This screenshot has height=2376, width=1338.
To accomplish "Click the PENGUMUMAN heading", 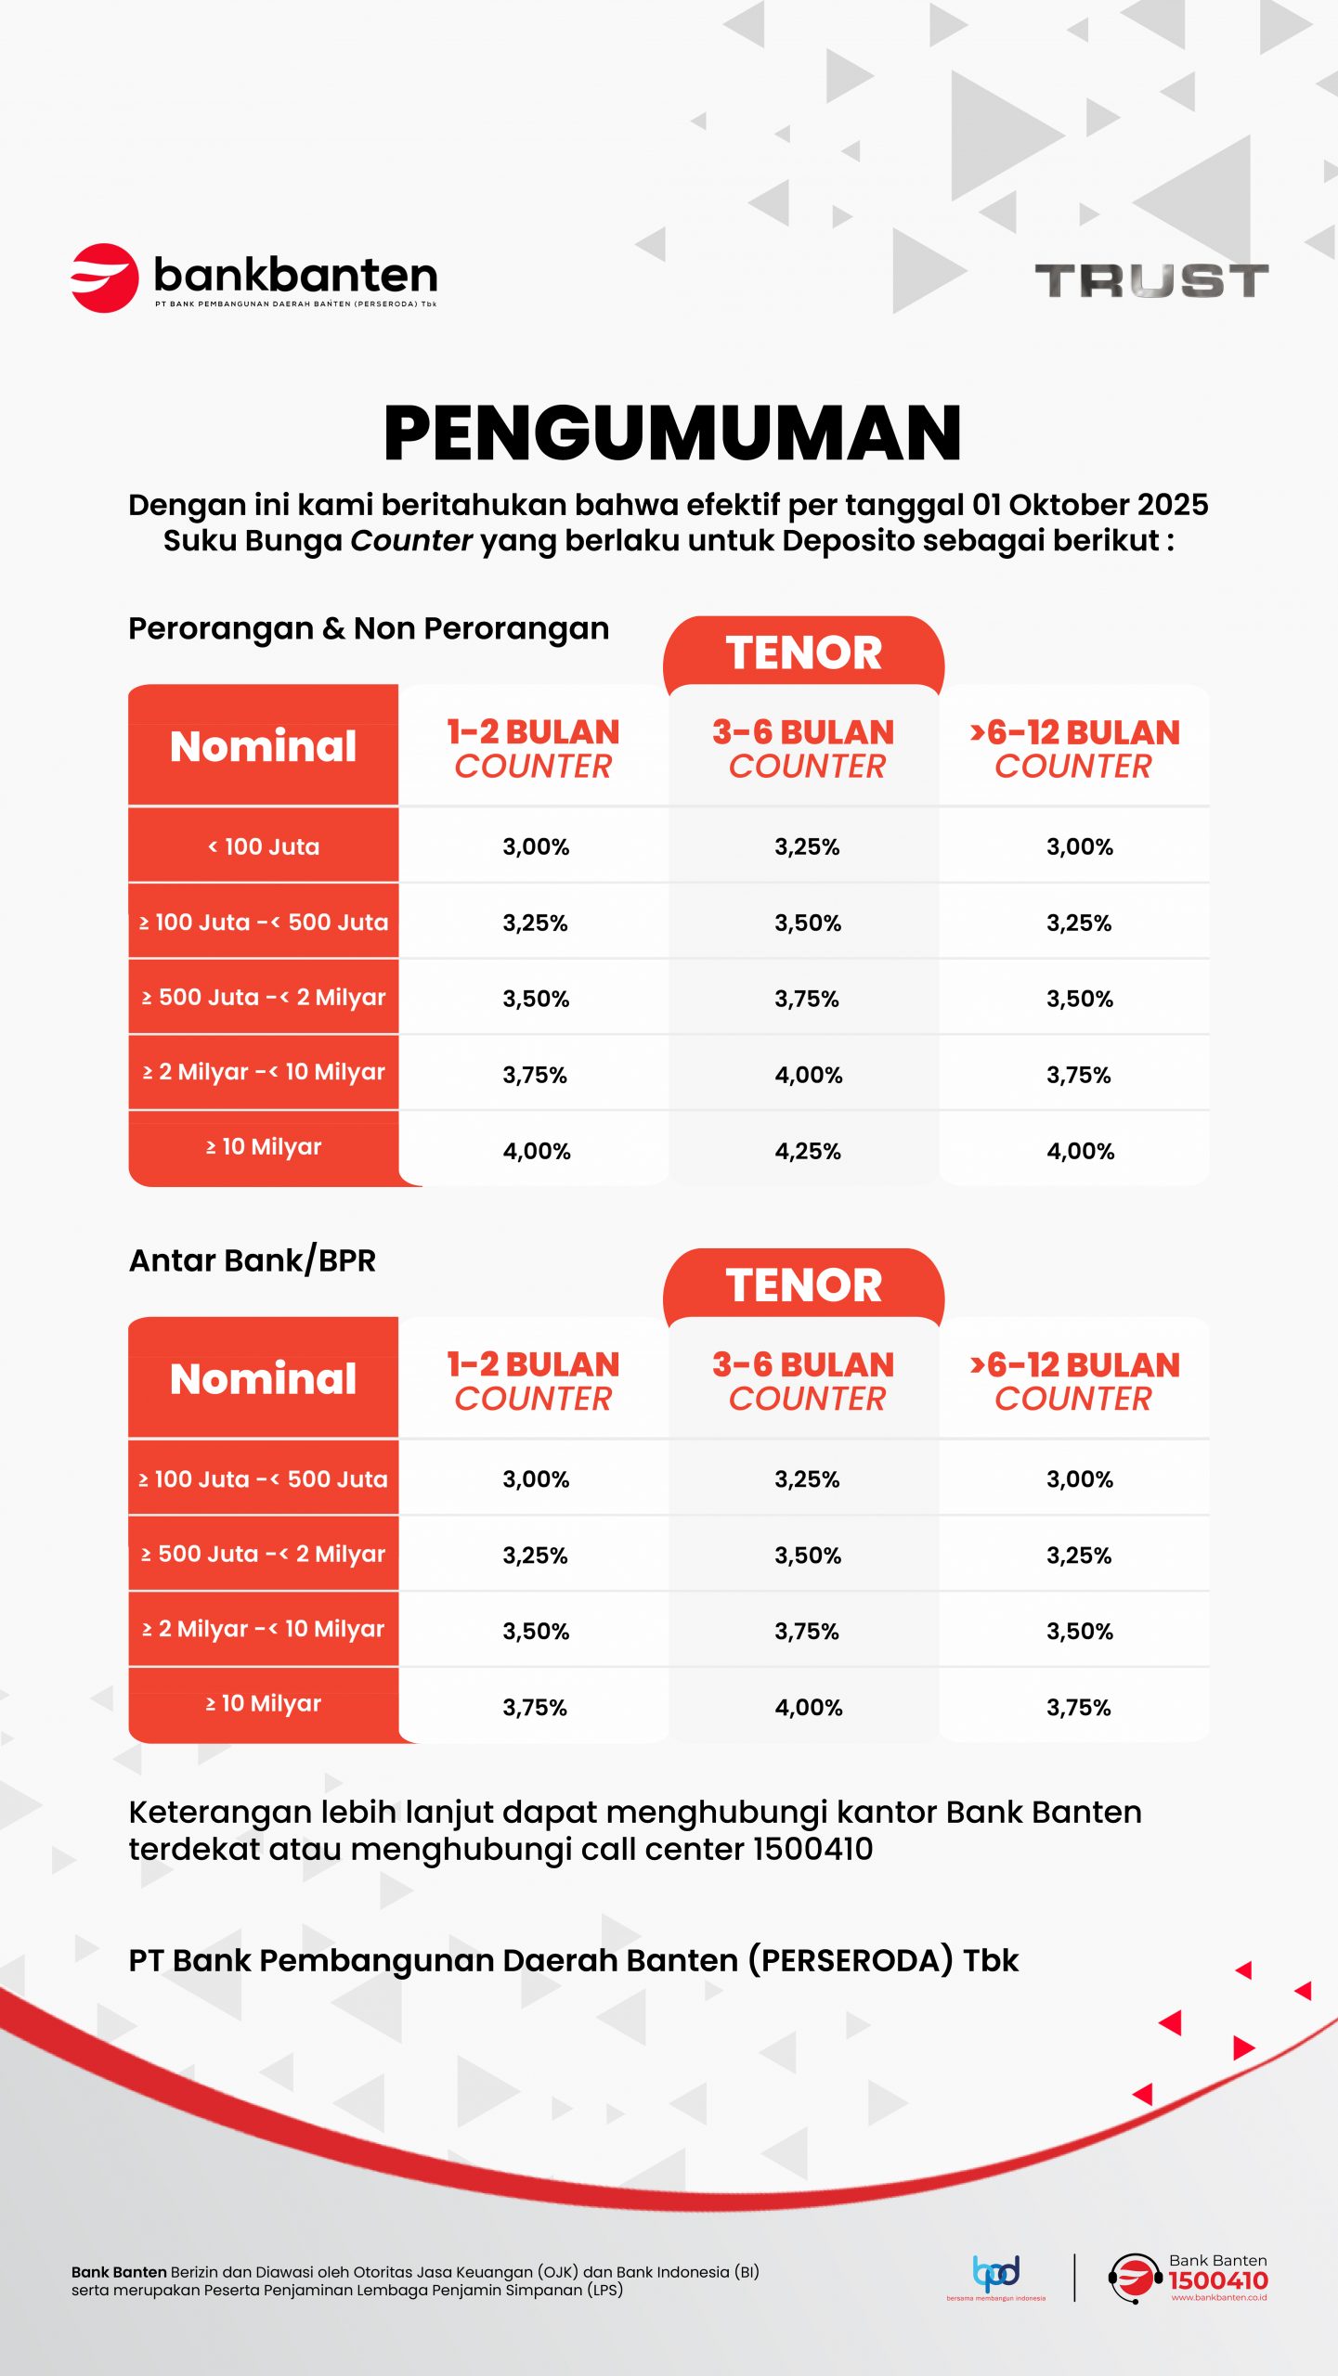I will tap(672, 433).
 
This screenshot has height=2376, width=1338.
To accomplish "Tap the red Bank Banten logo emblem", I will tap(104, 278).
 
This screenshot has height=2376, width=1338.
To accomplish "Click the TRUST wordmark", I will tap(1151, 280).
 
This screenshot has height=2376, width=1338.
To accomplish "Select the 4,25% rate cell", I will tap(808, 1151).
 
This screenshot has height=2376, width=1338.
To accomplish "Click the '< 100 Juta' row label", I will tap(264, 846).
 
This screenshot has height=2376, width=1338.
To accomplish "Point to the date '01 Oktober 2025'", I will tap(1090, 505).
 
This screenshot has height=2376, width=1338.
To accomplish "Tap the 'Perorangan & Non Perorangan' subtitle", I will tap(369, 628).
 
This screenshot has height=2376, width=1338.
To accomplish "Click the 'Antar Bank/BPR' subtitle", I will tap(253, 1260).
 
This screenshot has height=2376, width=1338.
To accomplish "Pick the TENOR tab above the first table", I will tap(804, 652).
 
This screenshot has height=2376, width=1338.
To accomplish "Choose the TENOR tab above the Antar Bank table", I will tap(804, 1285).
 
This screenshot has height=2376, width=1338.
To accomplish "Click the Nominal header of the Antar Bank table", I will tap(264, 1379).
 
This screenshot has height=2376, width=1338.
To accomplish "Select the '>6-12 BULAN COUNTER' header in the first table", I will tap(1074, 749).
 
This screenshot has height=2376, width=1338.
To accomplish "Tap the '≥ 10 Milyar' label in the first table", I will tap(264, 1147).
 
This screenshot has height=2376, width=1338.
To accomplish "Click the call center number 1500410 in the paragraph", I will tap(813, 1849).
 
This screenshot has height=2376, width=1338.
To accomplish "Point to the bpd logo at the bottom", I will tap(996, 2273).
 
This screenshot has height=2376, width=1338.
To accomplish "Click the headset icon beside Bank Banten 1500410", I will tap(1134, 2279).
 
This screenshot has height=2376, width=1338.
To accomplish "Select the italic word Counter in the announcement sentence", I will tap(411, 541).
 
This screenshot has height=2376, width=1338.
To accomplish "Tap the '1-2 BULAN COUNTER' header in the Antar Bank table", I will tap(533, 1381).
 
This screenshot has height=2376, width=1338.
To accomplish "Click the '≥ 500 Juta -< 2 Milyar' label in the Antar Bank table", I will tap(264, 1555).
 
